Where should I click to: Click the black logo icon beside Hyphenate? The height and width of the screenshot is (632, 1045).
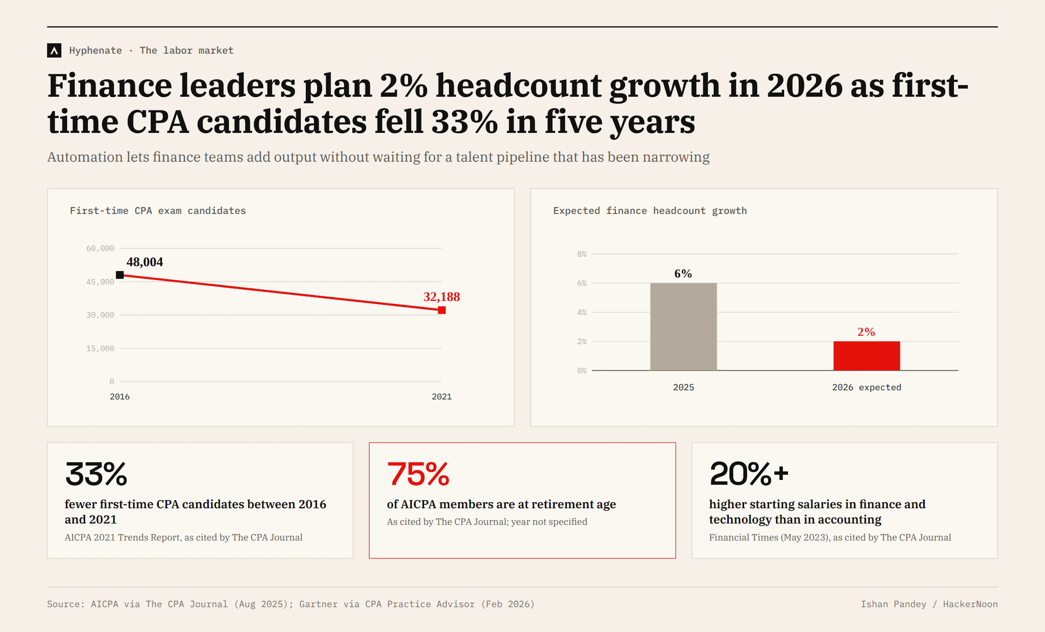click(x=54, y=50)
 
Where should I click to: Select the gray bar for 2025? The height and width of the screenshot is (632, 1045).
click(x=683, y=327)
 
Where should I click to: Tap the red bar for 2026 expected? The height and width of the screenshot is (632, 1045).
click(x=866, y=356)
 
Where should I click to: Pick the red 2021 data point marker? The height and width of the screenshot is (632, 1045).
click(x=442, y=310)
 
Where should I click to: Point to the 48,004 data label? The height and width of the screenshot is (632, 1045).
click(x=145, y=262)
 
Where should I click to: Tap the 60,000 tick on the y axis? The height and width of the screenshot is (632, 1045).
click(x=100, y=248)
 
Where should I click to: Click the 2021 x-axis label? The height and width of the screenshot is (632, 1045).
click(x=441, y=397)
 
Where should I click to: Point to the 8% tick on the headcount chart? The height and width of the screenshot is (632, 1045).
click(x=582, y=254)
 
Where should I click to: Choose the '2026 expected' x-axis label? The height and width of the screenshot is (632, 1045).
click(x=866, y=387)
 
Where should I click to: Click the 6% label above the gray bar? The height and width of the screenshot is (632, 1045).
click(x=683, y=274)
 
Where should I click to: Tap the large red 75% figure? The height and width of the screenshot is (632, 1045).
click(x=418, y=474)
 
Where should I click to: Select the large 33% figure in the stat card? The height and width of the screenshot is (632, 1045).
click(x=96, y=474)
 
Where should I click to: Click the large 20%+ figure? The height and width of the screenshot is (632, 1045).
click(x=749, y=474)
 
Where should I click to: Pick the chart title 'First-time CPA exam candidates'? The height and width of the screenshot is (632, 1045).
click(x=158, y=211)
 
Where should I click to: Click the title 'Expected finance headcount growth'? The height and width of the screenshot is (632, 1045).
click(x=650, y=211)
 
